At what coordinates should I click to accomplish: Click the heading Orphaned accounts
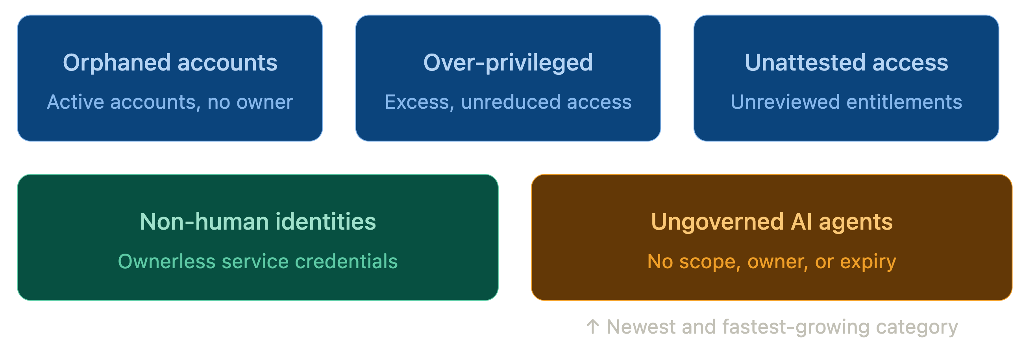pyautogui.click(x=170, y=63)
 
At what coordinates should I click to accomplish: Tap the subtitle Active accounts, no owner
pyautogui.click(x=170, y=102)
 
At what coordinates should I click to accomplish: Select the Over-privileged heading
pyautogui.click(x=508, y=63)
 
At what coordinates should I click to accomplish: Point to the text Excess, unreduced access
pyautogui.click(x=508, y=102)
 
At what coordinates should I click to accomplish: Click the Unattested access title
pyautogui.click(x=846, y=63)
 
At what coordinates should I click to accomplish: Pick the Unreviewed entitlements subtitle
pyautogui.click(x=846, y=102)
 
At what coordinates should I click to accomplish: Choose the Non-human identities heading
pyautogui.click(x=258, y=222)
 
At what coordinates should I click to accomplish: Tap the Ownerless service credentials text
pyautogui.click(x=258, y=262)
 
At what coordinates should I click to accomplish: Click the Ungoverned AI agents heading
pyautogui.click(x=771, y=222)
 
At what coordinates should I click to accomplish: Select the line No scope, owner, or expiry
pyautogui.click(x=771, y=262)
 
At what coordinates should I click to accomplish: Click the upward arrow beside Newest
pyautogui.click(x=592, y=327)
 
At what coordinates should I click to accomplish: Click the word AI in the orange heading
pyautogui.click(x=801, y=222)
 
